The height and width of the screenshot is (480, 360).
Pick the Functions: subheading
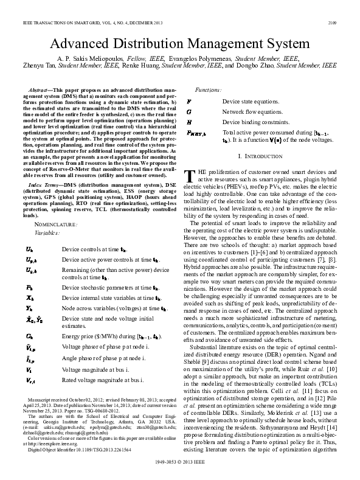point(207,89)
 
